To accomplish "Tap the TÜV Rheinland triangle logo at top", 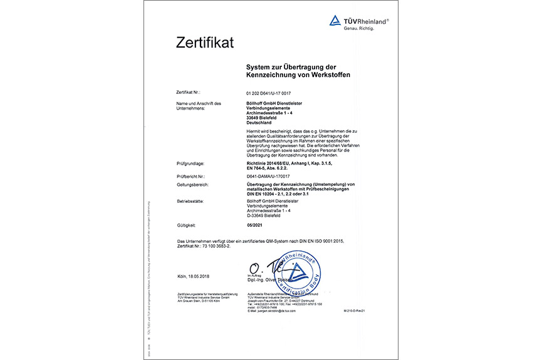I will point(335,21).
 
